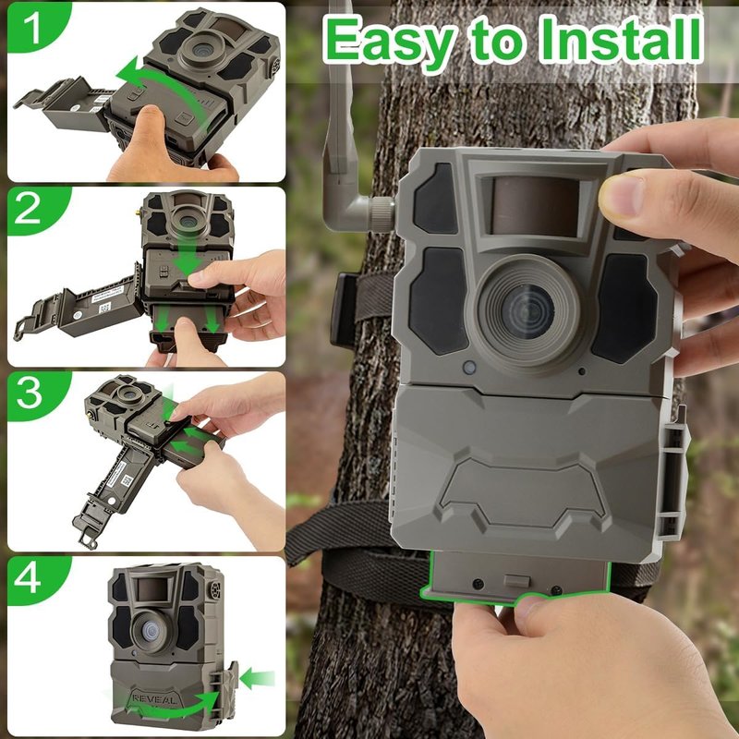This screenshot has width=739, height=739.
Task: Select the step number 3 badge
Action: (x=30, y=394)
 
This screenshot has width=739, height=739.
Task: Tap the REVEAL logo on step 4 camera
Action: (x=154, y=699)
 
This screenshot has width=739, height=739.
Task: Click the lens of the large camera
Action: (x=527, y=311)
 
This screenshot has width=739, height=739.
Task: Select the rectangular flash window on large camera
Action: (x=535, y=205)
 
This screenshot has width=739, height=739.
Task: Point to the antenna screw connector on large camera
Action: (x=381, y=214)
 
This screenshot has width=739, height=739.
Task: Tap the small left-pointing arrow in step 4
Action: (x=257, y=679)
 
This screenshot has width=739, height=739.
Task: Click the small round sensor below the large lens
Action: (x=469, y=367)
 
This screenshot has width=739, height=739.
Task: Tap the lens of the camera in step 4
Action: (x=150, y=631)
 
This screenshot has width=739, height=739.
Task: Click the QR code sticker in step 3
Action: (x=127, y=479)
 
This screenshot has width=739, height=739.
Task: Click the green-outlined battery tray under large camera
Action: (x=515, y=576)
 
